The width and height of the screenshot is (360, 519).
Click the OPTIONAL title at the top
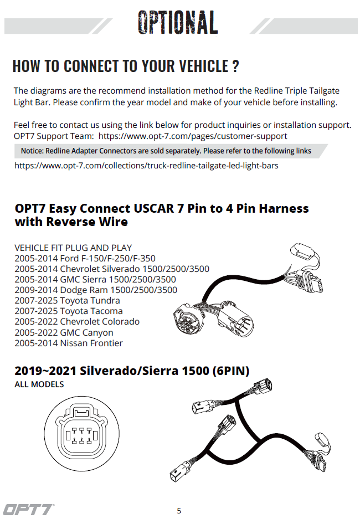[x=178, y=22]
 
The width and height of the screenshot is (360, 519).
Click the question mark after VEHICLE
[x=235, y=66]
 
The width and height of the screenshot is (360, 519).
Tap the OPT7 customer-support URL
[x=193, y=136]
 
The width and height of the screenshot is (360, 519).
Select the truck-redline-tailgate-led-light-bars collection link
[x=146, y=166]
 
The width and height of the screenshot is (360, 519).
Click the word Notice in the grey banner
[x=32, y=151]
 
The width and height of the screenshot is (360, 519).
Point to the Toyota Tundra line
[x=67, y=301]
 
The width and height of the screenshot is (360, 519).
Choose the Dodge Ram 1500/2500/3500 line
[x=96, y=290]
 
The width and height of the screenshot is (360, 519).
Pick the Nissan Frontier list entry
[x=69, y=343]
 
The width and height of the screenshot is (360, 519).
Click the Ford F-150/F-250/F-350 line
[x=85, y=258]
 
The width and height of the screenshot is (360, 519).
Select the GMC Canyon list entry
[x=64, y=332]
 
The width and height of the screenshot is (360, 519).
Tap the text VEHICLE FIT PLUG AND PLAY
[x=73, y=248]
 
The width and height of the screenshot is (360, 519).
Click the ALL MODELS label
[x=39, y=384]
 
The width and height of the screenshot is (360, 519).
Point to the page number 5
[x=179, y=511]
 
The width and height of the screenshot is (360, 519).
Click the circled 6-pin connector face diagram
[x=81, y=434]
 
